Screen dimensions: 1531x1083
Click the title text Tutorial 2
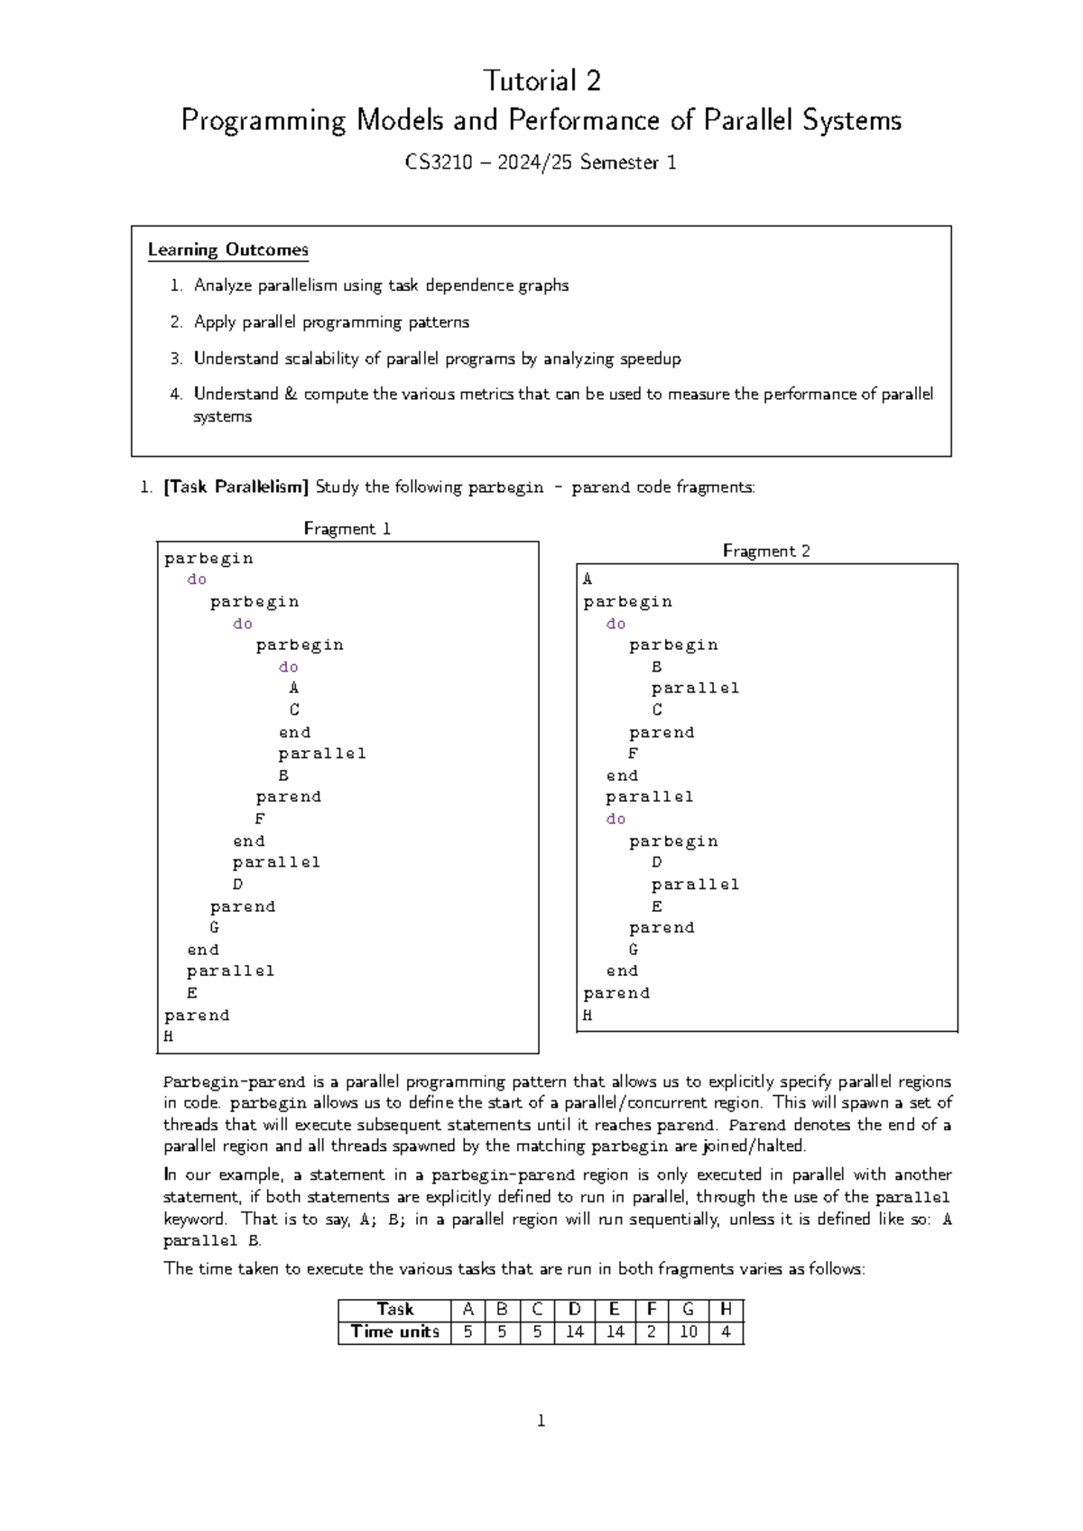tap(541, 81)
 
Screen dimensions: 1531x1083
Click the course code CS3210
tap(439, 163)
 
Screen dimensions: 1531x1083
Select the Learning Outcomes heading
tap(228, 250)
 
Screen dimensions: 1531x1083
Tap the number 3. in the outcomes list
tap(176, 358)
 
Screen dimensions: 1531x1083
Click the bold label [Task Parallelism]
tap(236, 487)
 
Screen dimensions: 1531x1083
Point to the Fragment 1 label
tap(347, 529)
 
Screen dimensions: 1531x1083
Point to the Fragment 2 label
tap(766, 552)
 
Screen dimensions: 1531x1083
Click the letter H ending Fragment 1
tap(169, 1036)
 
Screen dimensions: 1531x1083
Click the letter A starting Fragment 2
tap(588, 580)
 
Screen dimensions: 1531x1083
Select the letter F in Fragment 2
tap(634, 754)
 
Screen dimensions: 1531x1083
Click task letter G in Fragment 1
tap(215, 927)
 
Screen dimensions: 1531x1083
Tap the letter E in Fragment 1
tap(192, 993)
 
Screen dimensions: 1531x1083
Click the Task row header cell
tap(394, 1309)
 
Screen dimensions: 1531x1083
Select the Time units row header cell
tap(394, 1332)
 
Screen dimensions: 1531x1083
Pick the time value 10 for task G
tap(689, 1332)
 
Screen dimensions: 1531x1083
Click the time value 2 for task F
tap(651, 1332)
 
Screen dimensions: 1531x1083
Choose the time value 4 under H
tap(726, 1332)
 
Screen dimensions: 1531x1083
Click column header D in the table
tap(575, 1309)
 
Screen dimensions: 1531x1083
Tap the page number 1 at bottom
tap(541, 1422)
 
